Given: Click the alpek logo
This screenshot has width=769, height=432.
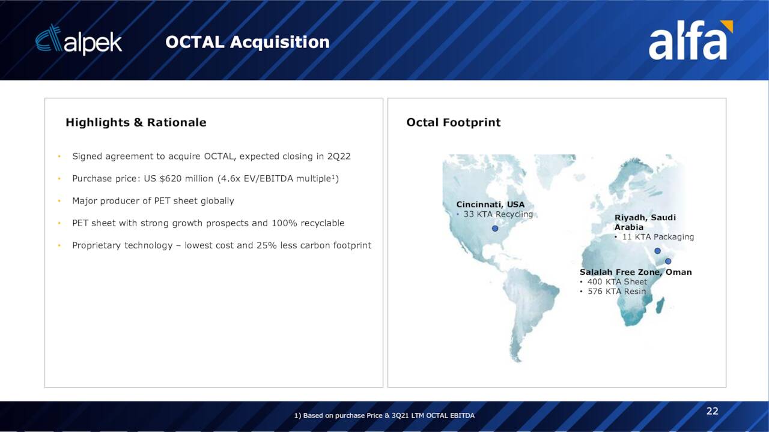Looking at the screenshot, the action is [x=79, y=40].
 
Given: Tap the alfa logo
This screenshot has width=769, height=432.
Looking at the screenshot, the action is [x=690, y=40].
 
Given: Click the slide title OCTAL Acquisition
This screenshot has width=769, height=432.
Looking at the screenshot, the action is [x=247, y=42].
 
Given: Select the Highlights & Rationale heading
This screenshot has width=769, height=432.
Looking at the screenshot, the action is [x=136, y=122].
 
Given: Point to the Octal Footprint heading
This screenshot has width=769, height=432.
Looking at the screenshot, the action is [x=453, y=122].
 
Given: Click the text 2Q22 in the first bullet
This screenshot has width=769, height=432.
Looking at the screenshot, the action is [x=339, y=157].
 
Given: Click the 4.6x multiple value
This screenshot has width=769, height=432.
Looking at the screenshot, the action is [x=230, y=179].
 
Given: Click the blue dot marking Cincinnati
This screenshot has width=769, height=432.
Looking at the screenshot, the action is [x=495, y=229].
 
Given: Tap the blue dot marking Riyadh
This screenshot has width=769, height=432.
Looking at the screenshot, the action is [x=657, y=251].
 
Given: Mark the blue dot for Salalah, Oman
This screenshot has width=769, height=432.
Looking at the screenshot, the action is [x=668, y=261].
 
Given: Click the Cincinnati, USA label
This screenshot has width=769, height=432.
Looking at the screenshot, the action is [x=490, y=205].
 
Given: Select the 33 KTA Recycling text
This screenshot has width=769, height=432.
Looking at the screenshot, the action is [x=498, y=214].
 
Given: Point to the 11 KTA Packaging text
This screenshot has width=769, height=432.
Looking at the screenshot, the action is [x=658, y=237].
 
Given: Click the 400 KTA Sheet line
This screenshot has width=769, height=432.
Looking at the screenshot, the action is [x=617, y=282].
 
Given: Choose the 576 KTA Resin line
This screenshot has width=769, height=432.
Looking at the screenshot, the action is [x=616, y=292].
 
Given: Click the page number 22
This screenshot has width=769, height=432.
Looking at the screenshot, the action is [x=713, y=411].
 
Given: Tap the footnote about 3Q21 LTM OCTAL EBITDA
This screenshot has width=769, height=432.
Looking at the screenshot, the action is [x=384, y=416].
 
